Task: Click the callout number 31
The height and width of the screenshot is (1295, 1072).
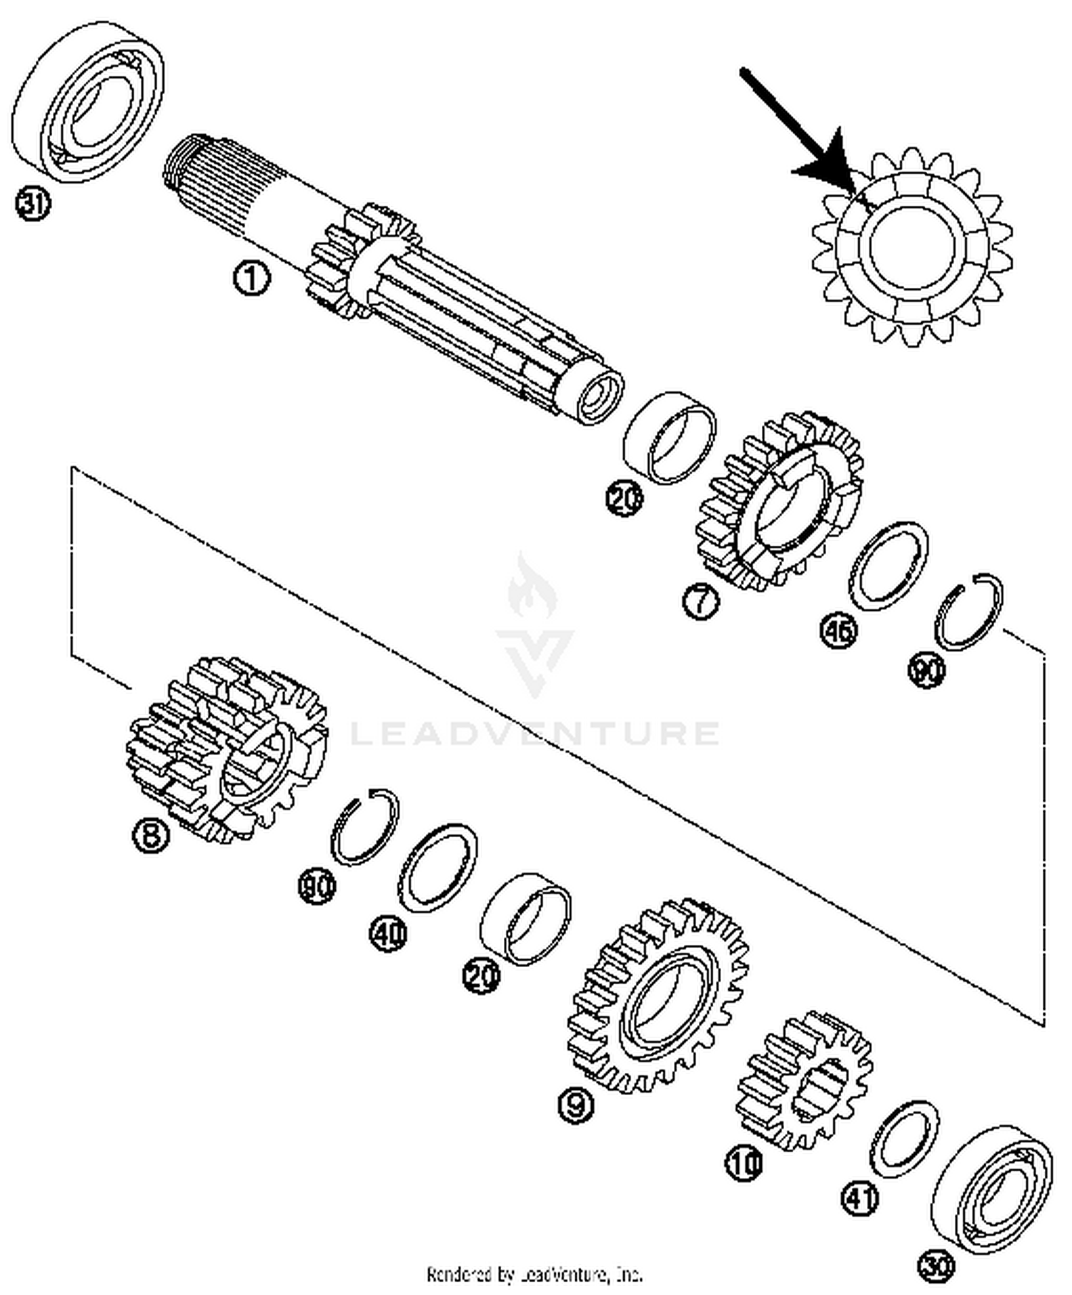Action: (x=33, y=205)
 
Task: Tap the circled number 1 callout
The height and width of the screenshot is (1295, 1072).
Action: (x=252, y=278)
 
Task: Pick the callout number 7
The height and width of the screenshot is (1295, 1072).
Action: (x=700, y=601)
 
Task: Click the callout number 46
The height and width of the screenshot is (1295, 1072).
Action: (x=838, y=631)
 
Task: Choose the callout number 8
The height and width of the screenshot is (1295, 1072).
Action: (x=151, y=834)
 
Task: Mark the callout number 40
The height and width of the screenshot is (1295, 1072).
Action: (x=388, y=934)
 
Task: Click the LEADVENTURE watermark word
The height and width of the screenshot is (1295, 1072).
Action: (x=535, y=734)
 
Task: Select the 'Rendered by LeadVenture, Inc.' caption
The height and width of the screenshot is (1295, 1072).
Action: (x=535, y=1274)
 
